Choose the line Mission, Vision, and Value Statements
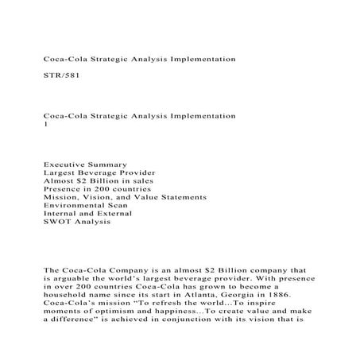(125, 202)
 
